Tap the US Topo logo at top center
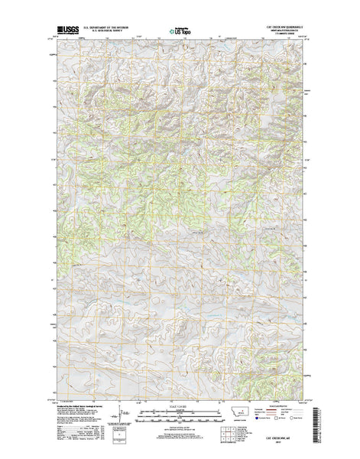click(x=180, y=31)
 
